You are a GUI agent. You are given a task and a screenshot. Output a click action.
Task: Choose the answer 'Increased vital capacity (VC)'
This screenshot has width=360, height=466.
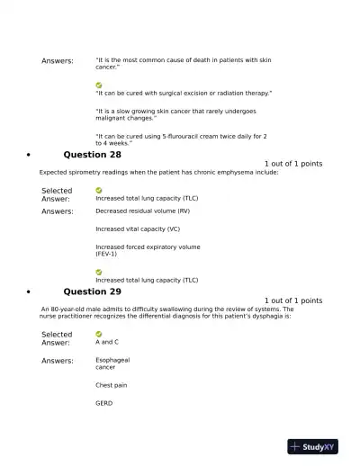pyautogui.click(x=138, y=229)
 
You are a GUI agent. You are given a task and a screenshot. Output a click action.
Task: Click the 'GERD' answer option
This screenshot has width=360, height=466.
pyautogui.click(x=103, y=403)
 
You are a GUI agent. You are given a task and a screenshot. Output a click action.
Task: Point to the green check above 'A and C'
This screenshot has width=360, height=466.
pyautogui.click(x=99, y=334)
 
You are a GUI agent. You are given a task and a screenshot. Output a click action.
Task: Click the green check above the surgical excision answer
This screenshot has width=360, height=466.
pyautogui.click(x=99, y=85)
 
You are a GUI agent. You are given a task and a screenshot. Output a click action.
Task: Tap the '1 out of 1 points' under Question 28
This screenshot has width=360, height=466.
pyautogui.click(x=292, y=164)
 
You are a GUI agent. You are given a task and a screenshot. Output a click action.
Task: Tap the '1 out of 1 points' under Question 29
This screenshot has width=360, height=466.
pyautogui.click(x=292, y=300)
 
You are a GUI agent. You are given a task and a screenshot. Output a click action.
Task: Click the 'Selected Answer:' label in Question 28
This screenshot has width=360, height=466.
pyautogui.click(x=57, y=194)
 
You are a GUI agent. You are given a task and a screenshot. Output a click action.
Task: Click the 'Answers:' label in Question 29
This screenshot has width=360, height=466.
pyautogui.click(x=58, y=361)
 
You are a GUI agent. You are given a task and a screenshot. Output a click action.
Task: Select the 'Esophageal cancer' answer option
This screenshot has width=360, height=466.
pyautogui.click(x=112, y=363)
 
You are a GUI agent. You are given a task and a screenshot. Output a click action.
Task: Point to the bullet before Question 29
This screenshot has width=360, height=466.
pyautogui.click(x=31, y=292)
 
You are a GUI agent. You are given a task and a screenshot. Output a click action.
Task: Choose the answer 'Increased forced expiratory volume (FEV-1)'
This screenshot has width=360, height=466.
pyautogui.click(x=148, y=250)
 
